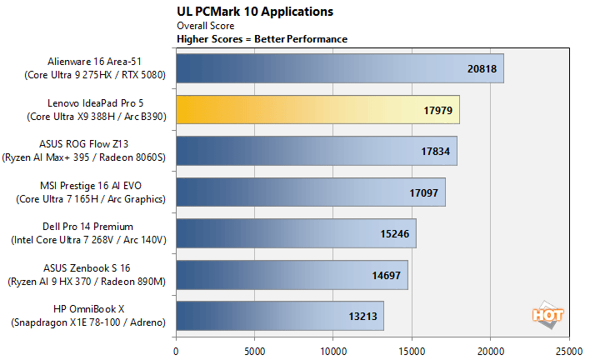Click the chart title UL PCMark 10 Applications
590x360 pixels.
(x=255, y=12)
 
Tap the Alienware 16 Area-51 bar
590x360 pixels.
(x=340, y=70)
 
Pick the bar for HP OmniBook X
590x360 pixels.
(x=280, y=316)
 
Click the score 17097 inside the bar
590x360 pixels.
(x=423, y=193)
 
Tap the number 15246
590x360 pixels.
(x=394, y=234)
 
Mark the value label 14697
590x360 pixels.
(x=386, y=275)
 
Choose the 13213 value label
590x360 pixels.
(x=362, y=317)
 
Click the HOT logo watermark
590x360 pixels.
(x=547, y=314)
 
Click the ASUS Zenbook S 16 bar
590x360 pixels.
(x=292, y=275)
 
